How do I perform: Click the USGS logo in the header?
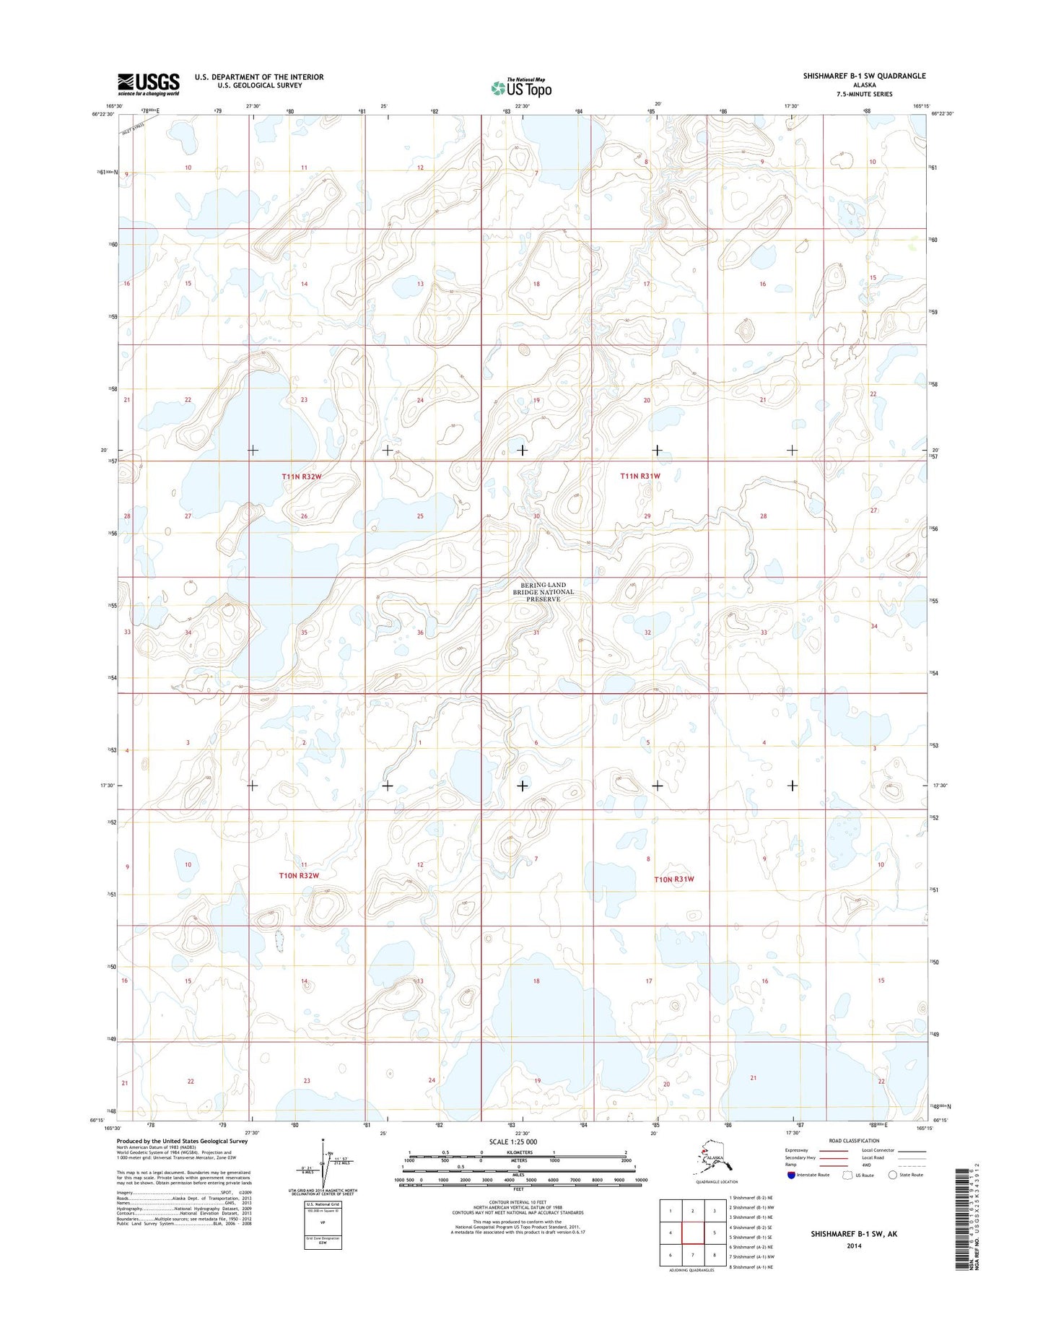point(149,84)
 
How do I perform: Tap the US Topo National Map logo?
point(521,87)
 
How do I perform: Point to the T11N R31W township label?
point(640,476)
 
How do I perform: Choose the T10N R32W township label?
point(299,875)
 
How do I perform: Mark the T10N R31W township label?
point(674,879)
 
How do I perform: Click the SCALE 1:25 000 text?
point(513,1142)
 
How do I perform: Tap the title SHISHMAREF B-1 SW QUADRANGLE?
point(864,76)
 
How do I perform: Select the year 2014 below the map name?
point(854,1246)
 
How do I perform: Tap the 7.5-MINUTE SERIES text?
point(864,94)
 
